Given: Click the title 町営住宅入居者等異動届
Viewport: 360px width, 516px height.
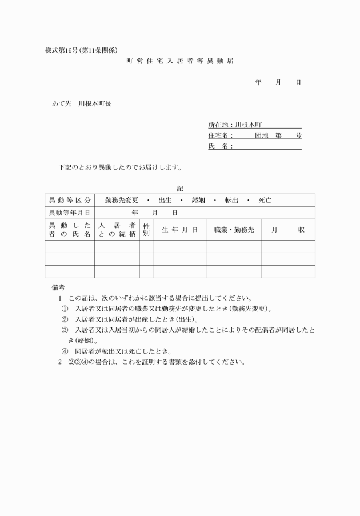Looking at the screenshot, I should tap(179, 61).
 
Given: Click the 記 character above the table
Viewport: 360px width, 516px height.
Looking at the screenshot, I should tap(180, 188).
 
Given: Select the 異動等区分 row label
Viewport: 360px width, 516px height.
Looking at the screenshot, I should tap(70, 201).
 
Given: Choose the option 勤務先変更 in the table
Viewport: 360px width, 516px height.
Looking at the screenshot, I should tap(121, 201).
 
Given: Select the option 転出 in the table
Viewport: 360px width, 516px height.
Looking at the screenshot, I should tap(231, 201).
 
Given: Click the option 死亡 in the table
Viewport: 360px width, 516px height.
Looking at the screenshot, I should tap(265, 201).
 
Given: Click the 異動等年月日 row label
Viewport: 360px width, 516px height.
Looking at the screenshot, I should tap(69, 213).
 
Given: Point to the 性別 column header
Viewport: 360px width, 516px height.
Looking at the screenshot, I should tap(146, 229).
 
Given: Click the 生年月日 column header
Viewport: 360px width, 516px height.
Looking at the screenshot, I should tap(179, 229).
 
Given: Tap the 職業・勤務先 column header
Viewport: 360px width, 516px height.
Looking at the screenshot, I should tap(234, 229).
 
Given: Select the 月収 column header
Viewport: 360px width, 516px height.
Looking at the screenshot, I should tap(287, 229).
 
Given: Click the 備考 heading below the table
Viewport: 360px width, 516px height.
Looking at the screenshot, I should tap(58, 287).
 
